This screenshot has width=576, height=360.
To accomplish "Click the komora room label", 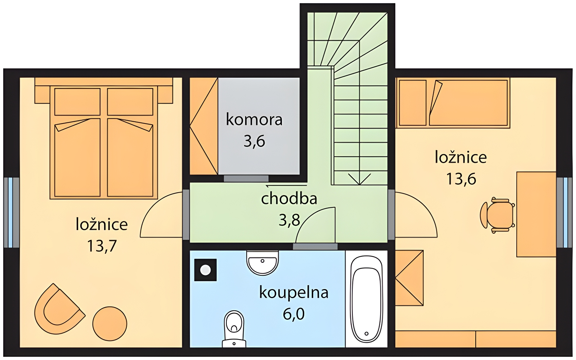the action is pyautogui.click(x=254, y=120).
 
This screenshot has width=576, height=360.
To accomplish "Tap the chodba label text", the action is pyautogui.click(x=289, y=199).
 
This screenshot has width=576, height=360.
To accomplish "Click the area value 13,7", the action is pyautogui.click(x=102, y=246).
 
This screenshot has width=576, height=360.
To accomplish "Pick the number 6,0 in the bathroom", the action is pyautogui.click(x=294, y=314).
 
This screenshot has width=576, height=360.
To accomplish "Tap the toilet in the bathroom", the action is pyautogui.click(x=234, y=329).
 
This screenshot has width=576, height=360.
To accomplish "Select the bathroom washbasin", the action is pyautogui.click(x=262, y=263).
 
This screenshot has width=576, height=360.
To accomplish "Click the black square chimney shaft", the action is pyautogui.click(x=206, y=270).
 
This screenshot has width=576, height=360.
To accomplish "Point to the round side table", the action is pyautogui.click(x=110, y=324).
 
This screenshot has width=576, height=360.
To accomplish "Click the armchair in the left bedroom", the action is pyautogui.click(x=60, y=309).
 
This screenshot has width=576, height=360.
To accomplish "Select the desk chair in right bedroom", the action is pyautogui.click(x=498, y=216).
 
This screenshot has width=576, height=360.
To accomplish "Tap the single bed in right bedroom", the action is pyautogui.click(x=454, y=103).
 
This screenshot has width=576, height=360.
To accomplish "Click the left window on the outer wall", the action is pyautogui.click(x=11, y=212).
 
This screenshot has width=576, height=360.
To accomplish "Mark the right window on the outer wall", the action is pyautogui.click(x=564, y=212).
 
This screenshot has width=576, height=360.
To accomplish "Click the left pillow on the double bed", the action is pyautogui.click(x=77, y=102).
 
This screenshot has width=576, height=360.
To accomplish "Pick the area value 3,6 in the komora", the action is pyautogui.click(x=254, y=141).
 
